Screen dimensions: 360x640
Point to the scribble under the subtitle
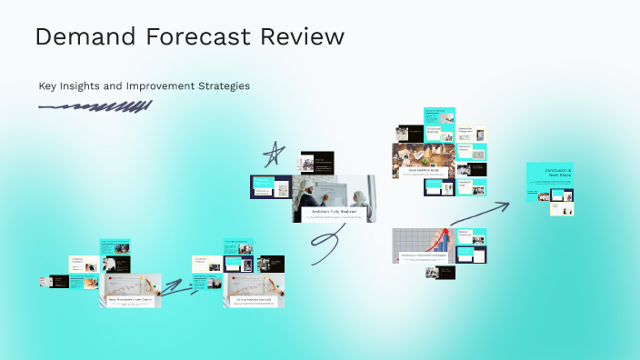pos(95,107)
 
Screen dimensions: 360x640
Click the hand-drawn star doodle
pos(272,156)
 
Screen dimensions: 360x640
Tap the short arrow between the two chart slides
pos(179,290)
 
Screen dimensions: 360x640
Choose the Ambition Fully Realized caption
pos(333,212)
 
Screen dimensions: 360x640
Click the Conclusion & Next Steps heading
pos(556,173)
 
